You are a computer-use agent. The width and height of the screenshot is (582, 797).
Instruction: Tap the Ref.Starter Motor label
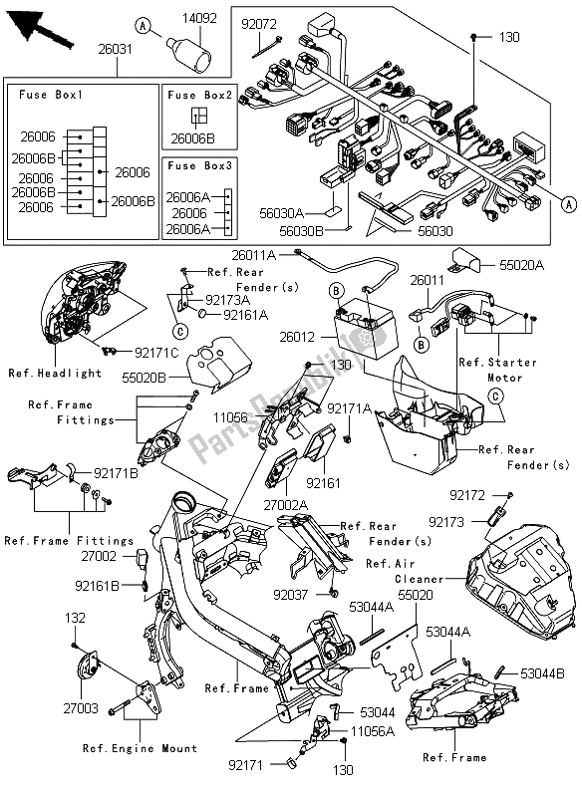pos(497,370)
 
